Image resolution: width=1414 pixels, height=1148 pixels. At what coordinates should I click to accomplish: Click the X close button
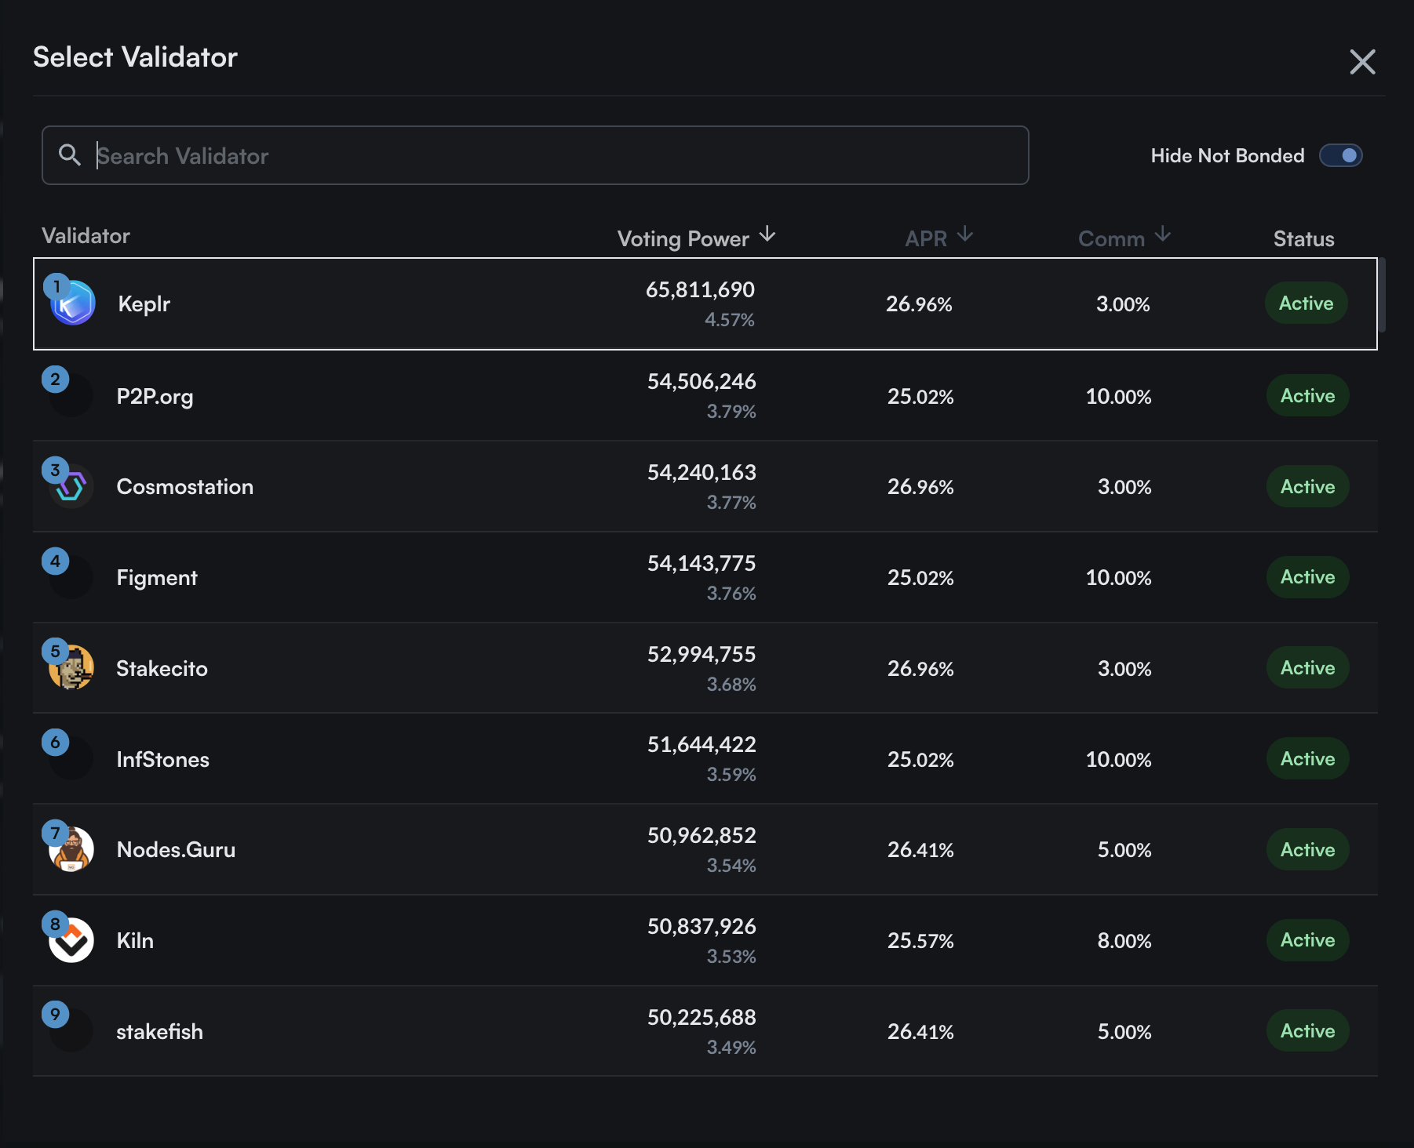click(1362, 62)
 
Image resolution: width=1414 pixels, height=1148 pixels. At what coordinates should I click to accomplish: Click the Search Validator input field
click(549, 156)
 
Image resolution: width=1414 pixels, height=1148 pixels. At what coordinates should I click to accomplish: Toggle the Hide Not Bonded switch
click(1340, 156)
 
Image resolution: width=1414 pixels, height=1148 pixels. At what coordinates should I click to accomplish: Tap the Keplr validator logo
click(74, 304)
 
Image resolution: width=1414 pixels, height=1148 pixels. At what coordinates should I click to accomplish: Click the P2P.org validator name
click(155, 397)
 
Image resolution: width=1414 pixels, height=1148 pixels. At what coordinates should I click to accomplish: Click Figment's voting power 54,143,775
click(701, 564)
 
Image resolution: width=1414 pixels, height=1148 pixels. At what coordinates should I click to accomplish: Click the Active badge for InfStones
click(1306, 759)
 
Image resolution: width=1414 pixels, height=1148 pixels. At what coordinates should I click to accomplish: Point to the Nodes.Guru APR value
click(920, 850)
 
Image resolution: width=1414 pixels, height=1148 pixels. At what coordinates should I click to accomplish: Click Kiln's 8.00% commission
click(1124, 941)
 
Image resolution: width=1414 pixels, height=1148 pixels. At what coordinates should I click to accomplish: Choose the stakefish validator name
click(159, 1032)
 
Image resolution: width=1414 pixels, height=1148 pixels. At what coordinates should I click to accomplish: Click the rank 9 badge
click(55, 1015)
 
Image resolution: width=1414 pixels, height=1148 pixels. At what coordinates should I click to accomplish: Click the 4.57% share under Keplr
click(729, 320)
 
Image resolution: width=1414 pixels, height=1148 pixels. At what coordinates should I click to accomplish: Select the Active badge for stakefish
click(1306, 1031)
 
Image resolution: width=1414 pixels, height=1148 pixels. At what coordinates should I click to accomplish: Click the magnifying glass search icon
click(70, 155)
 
